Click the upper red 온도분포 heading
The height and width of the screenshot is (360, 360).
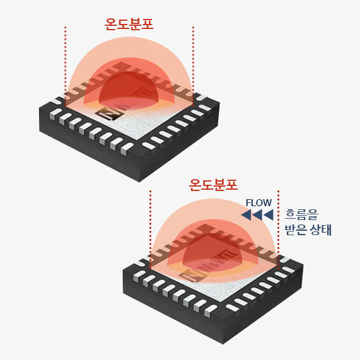[x=129, y=24]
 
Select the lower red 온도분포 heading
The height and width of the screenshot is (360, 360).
[x=213, y=185]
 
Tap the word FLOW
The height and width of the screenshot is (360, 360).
[x=258, y=203]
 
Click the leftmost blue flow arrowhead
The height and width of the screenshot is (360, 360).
[x=246, y=215]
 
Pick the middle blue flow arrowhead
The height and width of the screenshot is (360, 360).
[x=257, y=215]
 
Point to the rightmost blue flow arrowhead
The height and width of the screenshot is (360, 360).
[x=269, y=215]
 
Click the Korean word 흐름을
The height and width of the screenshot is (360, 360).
[x=301, y=215]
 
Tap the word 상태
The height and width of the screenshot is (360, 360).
[x=320, y=229]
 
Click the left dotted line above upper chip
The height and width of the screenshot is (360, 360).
[x=66, y=66]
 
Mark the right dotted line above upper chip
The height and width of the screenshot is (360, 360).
[x=194, y=66]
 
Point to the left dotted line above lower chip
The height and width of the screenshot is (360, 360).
[x=150, y=229]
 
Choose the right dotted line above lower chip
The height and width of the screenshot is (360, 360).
[x=278, y=229]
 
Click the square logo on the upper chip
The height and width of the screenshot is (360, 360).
[x=110, y=113]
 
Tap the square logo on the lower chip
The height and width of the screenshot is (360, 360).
[x=194, y=276]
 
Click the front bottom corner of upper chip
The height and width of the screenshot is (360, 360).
[x=139, y=182]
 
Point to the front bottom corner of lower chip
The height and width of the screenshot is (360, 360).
[x=223, y=344]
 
